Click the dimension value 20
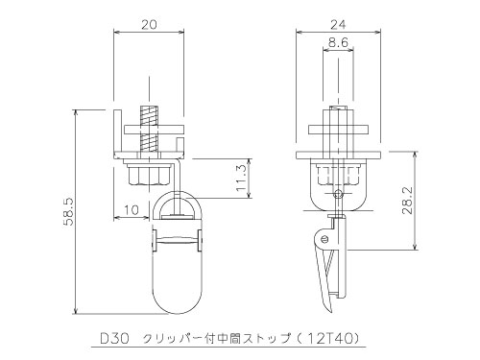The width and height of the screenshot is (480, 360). pos(149,25)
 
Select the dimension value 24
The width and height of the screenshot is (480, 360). pos(338,25)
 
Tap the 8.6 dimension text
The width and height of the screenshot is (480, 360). pos(338,42)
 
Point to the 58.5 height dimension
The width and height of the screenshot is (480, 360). pos(69,211)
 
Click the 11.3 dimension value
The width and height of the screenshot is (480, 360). pos(242,178)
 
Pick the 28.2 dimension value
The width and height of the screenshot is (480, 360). pos(408,201)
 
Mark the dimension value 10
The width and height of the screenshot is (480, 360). pos(132,210)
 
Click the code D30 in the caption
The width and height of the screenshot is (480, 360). pos(114,339)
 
